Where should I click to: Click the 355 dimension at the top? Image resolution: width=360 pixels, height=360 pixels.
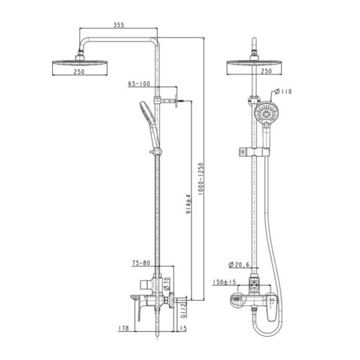[x=119, y=25]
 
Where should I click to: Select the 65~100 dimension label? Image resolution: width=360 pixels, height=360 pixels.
[x=139, y=83]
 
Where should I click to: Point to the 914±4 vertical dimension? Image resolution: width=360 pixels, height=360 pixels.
[x=188, y=205]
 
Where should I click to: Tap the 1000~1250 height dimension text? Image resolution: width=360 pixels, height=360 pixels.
[x=201, y=179]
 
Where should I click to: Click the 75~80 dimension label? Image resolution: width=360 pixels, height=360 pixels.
[x=141, y=263]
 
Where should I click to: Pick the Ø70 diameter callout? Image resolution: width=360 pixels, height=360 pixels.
[x=167, y=284]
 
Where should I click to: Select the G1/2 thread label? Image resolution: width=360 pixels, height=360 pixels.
[x=184, y=310]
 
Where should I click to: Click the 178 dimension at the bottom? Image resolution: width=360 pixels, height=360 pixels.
[x=124, y=328]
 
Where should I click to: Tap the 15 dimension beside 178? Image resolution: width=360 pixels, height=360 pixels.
[x=183, y=328]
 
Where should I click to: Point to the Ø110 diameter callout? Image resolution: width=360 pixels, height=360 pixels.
[x=283, y=92]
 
